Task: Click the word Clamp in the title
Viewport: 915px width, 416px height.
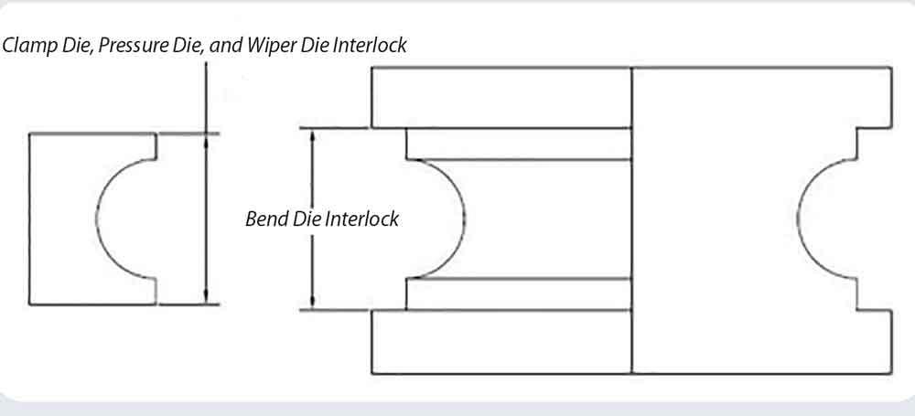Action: (26, 45)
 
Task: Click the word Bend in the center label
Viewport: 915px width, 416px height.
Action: (264, 219)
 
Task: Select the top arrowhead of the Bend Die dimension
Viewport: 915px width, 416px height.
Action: (314, 134)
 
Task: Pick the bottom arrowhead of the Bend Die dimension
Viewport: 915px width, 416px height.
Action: (314, 304)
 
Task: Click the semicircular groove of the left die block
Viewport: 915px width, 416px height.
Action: (119, 218)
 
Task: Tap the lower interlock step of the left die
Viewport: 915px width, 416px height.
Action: (156, 290)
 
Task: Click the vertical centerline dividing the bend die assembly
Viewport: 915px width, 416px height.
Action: (632, 219)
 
